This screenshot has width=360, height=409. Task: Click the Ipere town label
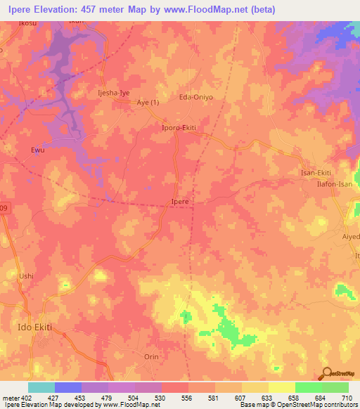pyautogui.click(x=180, y=202)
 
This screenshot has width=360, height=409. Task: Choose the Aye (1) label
pyautogui.click(x=148, y=103)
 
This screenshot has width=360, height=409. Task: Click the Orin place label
pyautogui.click(x=152, y=356)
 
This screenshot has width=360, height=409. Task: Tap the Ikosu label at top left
pyautogui.click(x=27, y=23)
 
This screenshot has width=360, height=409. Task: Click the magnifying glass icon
pyautogui.click(x=328, y=372)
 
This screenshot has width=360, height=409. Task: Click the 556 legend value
pyautogui.click(x=186, y=398)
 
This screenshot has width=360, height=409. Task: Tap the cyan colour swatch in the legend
pyautogui.click(x=41, y=387)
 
